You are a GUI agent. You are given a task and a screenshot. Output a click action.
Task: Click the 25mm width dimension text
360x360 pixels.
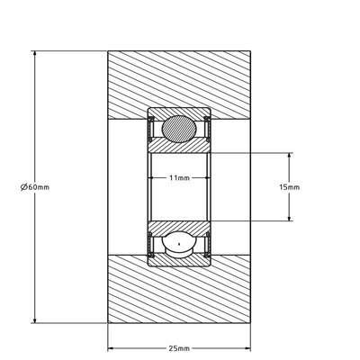[x=179, y=347]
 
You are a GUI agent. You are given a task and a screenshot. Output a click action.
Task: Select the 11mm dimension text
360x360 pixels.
[x=179, y=178]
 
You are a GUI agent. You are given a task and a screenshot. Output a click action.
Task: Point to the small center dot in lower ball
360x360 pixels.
[x=178, y=243]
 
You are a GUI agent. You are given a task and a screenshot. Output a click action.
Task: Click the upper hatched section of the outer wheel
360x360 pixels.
[x=179, y=81]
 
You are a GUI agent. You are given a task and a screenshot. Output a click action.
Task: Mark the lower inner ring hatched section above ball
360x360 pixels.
[x=179, y=224]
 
